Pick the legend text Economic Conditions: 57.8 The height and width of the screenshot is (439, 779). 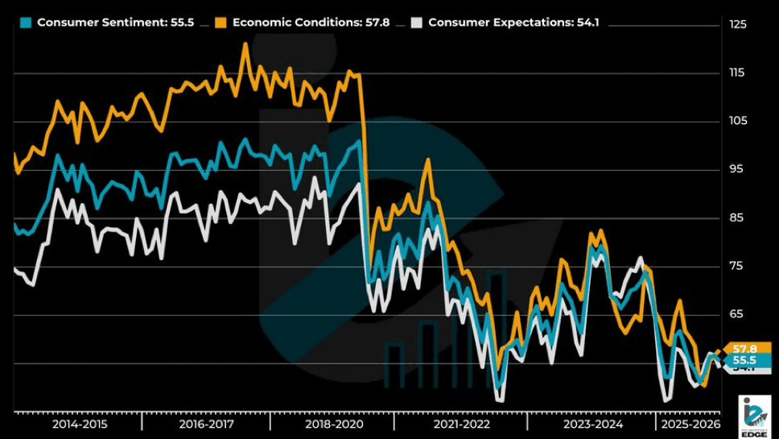click(x=311, y=23)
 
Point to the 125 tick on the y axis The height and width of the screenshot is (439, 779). click(x=737, y=25)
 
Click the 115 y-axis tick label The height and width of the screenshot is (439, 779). click(x=737, y=73)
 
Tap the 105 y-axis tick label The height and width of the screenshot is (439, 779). click(x=737, y=121)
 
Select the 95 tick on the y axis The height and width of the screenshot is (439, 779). click(x=737, y=169)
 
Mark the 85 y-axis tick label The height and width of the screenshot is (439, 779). click(x=737, y=217)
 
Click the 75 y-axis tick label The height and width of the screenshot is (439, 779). click(x=737, y=266)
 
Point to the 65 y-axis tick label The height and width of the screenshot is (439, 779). click(x=737, y=313)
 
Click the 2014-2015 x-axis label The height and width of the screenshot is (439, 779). click(x=79, y=424)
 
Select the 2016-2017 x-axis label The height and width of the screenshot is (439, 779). click(x=206, y=424)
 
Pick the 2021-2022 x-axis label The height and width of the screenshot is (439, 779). click(x=461, y=424)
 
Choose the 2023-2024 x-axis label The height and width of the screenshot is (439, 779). click(x=591, y=424)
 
